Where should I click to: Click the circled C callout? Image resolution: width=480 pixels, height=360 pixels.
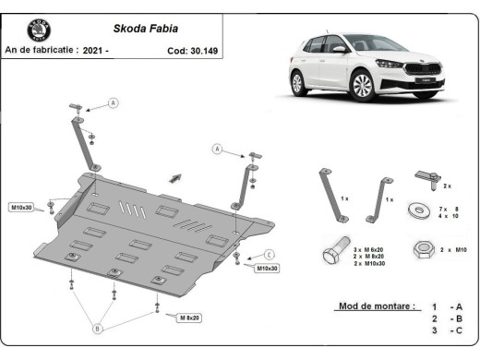point(269,254)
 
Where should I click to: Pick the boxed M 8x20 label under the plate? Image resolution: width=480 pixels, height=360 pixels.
point(188,317)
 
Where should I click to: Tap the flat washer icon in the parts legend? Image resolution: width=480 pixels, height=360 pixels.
point(420,211)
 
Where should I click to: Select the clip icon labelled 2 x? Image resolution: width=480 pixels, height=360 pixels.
point(425,175)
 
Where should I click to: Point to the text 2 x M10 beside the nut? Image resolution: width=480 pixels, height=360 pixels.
point(454,250)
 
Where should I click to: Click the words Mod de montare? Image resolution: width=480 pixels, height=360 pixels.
point(378,305)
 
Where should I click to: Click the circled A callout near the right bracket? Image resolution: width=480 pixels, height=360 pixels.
point(218,148)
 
